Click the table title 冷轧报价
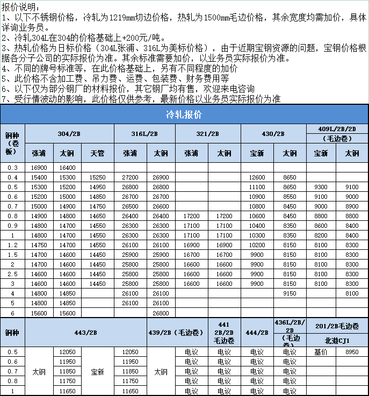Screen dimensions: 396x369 point(184,115)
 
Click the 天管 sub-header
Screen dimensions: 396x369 point(98,153)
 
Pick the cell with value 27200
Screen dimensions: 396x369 point(130,177)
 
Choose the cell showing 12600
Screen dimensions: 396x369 point(257,177)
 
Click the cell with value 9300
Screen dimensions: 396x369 point(321,186)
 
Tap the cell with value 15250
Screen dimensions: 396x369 point(98,177)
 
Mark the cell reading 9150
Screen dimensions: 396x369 point(290,293)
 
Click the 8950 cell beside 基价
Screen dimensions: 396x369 point(352,352)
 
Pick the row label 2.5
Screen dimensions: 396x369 point(12,273)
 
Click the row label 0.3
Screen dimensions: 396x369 point(12,167)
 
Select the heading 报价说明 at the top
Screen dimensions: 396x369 point(20,6)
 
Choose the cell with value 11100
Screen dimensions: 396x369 point(257,186)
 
